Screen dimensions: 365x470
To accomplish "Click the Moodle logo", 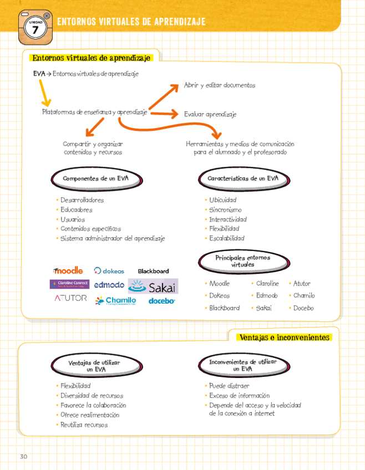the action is [x=68, y=270].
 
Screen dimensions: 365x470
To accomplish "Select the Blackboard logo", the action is [x=153, y=271].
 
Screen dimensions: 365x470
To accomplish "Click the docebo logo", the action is [x=161, y=301].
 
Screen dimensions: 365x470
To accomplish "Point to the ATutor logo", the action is [x=70, y=298].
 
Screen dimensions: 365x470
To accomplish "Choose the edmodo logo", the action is [x=109, y=285].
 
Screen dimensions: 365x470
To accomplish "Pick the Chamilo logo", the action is [x=116, y=300].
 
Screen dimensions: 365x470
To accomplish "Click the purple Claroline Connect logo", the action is [x=69, y=284].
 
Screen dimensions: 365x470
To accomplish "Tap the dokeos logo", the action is [x=109, y=271].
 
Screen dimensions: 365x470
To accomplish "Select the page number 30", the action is [x=23, y=456].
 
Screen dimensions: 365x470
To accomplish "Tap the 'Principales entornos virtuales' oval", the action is [x=242, y=261].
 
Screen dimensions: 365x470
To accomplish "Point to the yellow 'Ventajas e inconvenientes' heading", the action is [x=283, y=337].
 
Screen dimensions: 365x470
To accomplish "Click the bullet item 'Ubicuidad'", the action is [x=222, y=200].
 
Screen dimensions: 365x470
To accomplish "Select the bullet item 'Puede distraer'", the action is [x=229, y=386].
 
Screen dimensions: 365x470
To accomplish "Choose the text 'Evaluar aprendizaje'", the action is [x=210, y=114].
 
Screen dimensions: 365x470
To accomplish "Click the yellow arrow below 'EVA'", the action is [x=44, y=94].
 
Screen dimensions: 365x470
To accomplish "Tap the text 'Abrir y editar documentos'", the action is [x=219, y=85].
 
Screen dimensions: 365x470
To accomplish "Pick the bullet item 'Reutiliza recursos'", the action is [x=84, y=425].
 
